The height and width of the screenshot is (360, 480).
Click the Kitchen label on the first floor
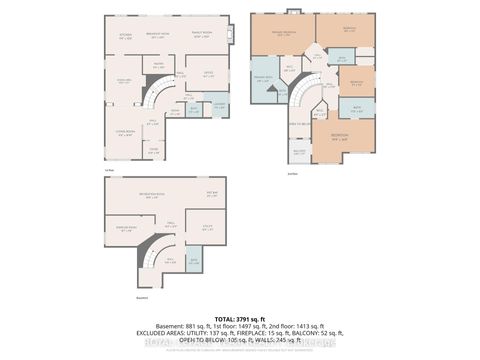click(x=126, y=36)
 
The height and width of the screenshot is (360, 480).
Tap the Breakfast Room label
click(x=156, y=36)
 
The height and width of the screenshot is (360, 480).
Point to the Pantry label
click(x=158, y=66)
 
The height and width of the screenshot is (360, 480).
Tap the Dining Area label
click(x=126, y=81)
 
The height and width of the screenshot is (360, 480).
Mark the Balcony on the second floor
click(x=299, y=152)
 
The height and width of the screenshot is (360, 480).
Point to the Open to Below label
click(x=298, y=123)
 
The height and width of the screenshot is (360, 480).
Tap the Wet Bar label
click(x=211, y=193)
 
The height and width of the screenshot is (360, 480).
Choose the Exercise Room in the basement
click(x=126, y=228)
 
